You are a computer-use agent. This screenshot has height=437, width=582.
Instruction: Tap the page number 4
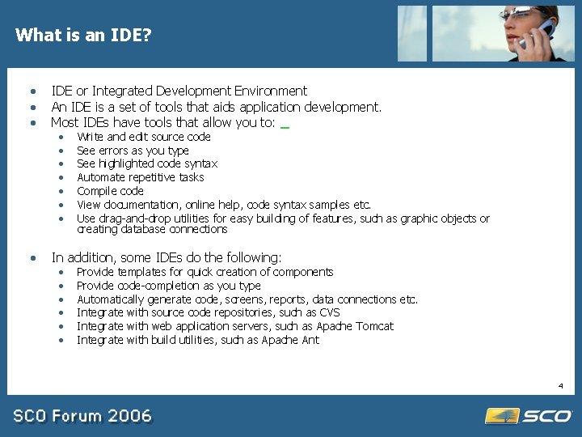click(x=559, y=386)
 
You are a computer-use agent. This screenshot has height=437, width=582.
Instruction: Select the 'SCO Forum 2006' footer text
click(x=82, y=416)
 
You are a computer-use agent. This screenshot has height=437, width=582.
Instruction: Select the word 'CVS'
click(x=328, y=312)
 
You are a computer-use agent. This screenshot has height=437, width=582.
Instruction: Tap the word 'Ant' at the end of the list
click(x=311, y=340)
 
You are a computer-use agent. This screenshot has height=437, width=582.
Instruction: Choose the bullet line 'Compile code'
click(x=110, y=191)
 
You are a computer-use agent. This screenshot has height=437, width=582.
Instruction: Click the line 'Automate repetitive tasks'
click(x=140, y=177)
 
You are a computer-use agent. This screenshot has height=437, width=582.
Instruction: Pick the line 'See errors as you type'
click(x=133, y=151)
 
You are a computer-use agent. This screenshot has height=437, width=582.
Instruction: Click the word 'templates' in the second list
click(x=141, y=272)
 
